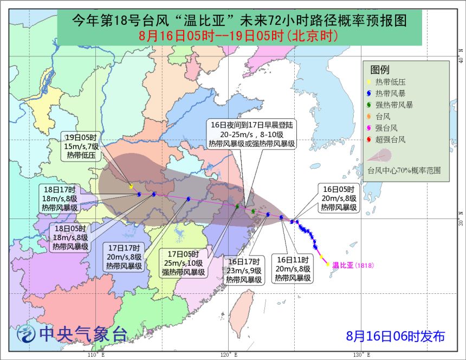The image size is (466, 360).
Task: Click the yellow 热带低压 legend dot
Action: (369, 82)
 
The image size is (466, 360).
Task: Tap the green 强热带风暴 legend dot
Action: (369, 105)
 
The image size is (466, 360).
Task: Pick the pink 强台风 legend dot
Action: (369, 128)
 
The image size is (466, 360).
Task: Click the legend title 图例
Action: (380, 69)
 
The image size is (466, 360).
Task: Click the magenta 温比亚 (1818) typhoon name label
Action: (353, 265)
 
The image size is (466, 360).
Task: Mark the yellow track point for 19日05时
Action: (131, 187)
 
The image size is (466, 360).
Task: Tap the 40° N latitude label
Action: (459, 53)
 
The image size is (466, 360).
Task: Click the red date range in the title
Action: (238, 36)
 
